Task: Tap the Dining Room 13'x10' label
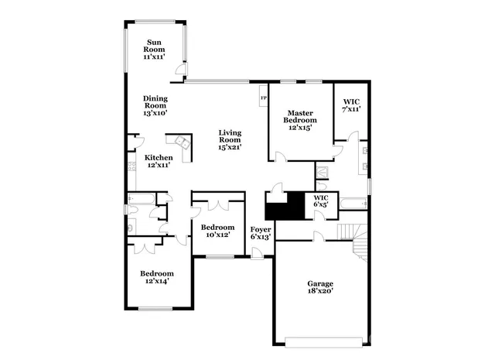pos(155,105)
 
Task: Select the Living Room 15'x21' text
pos(230,139)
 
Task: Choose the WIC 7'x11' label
pos(351,105)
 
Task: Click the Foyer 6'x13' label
pos(261,234)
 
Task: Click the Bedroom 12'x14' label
pos(156,277)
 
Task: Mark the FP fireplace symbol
pos(264,98)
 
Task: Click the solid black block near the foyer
pos(283,207)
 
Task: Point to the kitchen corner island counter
pos(184,144)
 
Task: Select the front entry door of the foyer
pos(258,255)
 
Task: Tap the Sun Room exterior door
pos(180,72)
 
